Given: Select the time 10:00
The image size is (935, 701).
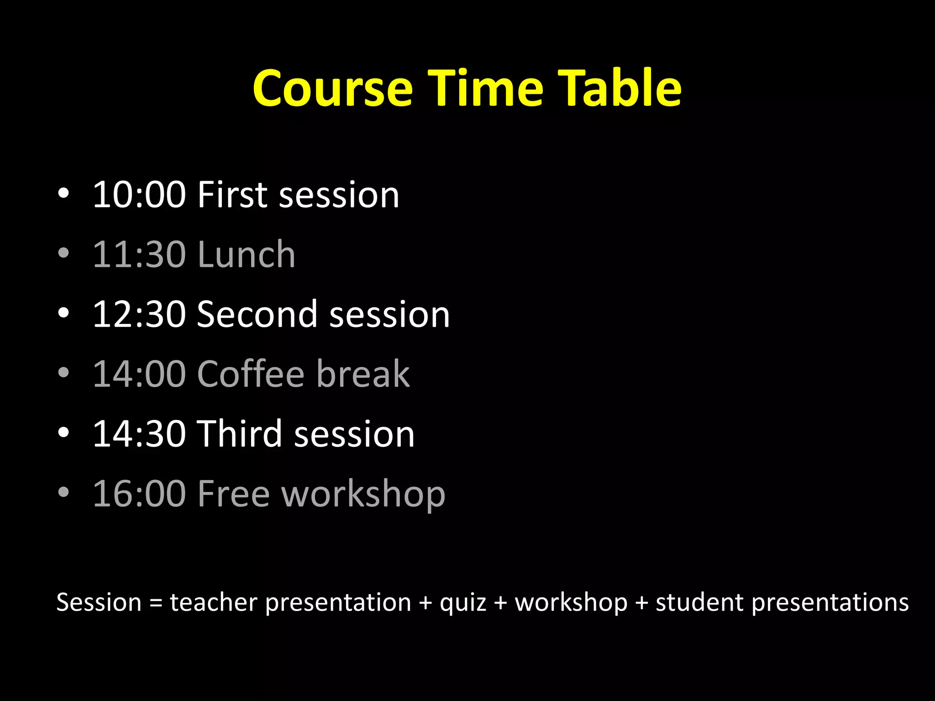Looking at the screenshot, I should tap(139, 195).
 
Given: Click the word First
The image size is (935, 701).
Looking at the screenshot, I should tap(232, 195).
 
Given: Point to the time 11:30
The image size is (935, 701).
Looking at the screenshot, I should tap(139, 255).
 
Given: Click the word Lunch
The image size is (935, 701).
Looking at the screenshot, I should tap(247, 255).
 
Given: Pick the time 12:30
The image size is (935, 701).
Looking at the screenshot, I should tap(139, 314).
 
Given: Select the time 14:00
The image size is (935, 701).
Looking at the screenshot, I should tap(139, 374).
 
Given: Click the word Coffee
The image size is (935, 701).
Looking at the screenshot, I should tap(251, 374).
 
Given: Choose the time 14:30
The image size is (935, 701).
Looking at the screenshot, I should tap(139, 434).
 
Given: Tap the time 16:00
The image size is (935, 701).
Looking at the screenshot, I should tap(139, 494).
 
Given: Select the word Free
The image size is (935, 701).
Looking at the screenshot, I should tap(233, 494).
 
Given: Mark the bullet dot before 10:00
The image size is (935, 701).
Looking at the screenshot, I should tap(64, 194).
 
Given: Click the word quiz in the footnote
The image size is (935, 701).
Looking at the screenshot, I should tap(462, 603).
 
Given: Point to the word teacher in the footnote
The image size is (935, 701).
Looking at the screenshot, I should tap(214, 602).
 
